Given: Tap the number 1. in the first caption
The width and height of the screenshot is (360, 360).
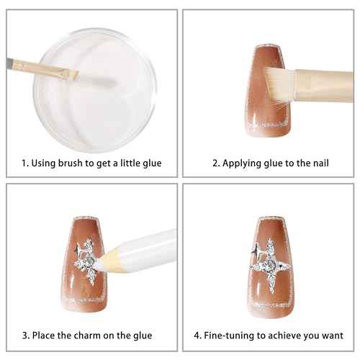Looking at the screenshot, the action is [25, 163].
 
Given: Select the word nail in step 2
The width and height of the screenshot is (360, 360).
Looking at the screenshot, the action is [321, 163].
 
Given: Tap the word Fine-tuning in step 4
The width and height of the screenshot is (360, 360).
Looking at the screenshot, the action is [229, 336].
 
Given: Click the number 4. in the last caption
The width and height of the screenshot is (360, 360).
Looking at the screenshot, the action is [198, 336].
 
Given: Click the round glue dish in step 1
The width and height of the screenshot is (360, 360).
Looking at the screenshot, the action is [95, 90].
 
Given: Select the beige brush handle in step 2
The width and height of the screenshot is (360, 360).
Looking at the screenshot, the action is [324, 85].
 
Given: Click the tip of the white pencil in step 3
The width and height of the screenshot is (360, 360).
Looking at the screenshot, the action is [99, 260].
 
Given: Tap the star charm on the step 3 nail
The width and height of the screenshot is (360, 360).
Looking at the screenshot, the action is [86, 261].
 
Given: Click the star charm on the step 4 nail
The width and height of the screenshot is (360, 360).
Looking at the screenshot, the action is [271, 265].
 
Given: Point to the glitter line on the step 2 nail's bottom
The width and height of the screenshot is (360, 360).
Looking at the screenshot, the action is [267, 125].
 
